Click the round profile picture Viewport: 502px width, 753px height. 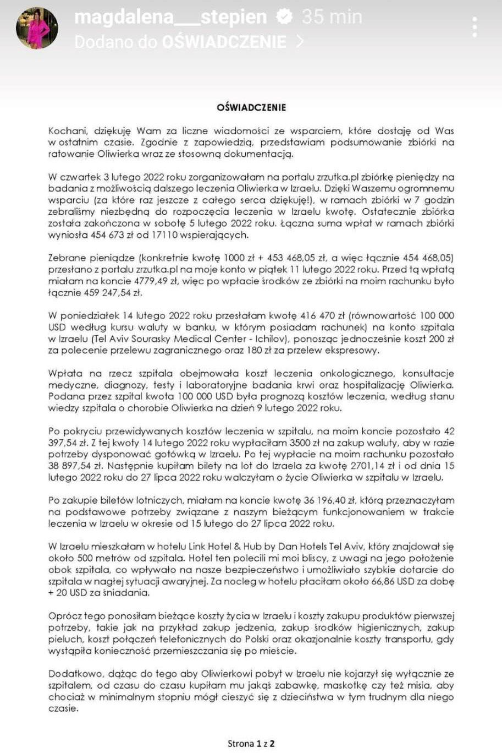37,28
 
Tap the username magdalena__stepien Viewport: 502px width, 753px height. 170,18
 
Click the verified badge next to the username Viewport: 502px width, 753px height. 284,18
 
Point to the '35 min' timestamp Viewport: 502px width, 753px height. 332,18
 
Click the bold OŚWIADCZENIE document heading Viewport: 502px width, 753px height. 251,107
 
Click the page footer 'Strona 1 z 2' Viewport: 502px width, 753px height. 251,744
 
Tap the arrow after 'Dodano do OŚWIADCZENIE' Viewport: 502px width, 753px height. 300,42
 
